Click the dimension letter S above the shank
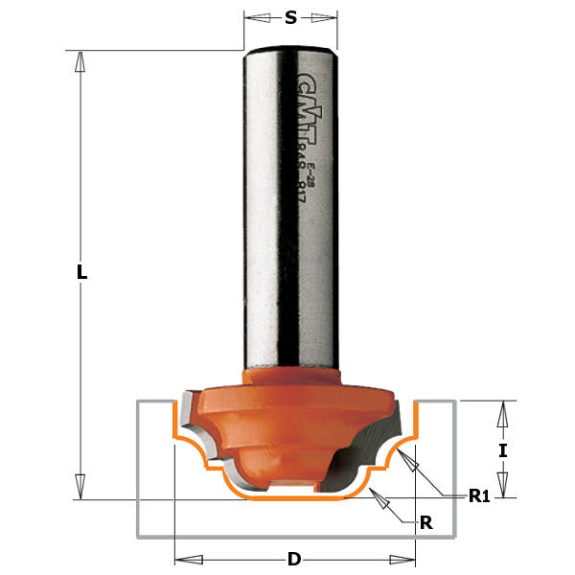tap(290, 17)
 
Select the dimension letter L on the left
tap(82, 272)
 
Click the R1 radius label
tap(479, 495)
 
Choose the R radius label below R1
tap(426, 522)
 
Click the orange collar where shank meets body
tap(292, 372)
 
